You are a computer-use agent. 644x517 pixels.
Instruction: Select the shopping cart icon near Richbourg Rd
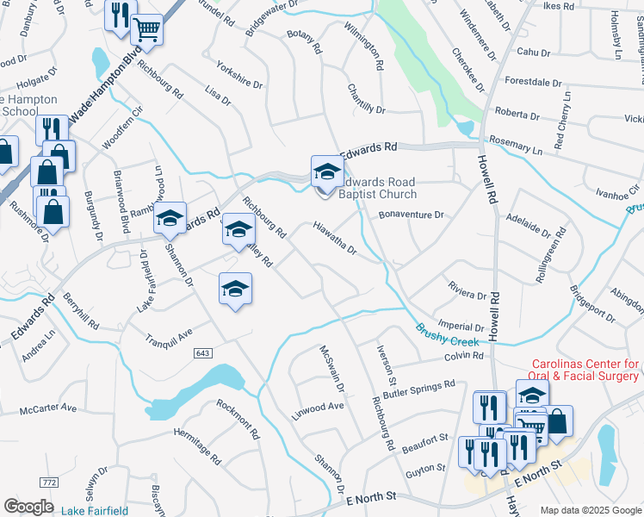pos(147,30)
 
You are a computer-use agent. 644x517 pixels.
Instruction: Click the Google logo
pos(28,507)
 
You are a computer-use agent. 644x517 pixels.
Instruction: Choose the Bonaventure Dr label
pos(412,214)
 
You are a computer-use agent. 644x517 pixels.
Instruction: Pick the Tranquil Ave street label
pos(169,335)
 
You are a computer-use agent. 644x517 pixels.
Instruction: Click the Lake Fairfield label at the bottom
pos(96,510)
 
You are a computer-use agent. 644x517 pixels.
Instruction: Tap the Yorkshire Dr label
pos(239,74)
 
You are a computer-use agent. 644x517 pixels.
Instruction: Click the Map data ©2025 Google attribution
pos(590,510)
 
